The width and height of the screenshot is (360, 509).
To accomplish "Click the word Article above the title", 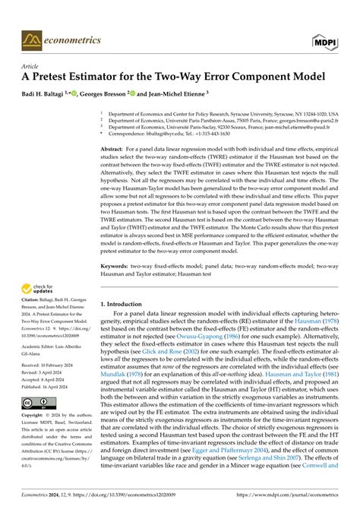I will pyautogui.click(x=31, y=66).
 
